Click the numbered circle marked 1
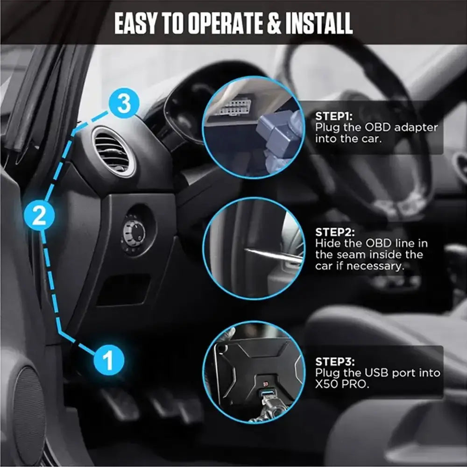(x=108, y=361)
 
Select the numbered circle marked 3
(x=124, y=104)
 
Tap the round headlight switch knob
(x=134, y=232)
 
